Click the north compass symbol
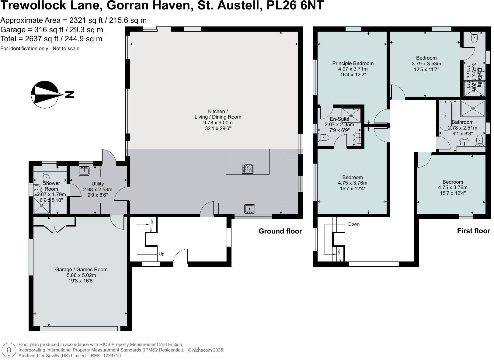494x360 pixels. click(x=45, y=95)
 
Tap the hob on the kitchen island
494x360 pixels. click(x=248, y=168)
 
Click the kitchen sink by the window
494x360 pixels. click(x=249, y=209)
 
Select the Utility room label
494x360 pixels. click(x=98, y=184)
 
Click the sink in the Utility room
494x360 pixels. click(x=84, y=171)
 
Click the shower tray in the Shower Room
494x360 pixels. click(x=42, y=206)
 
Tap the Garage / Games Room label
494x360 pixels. click(x=81, y=269)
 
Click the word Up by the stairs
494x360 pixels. click(x=162, y=254)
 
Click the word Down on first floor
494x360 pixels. click(x=354, y=224)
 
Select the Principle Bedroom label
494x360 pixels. click(x=353, y=63)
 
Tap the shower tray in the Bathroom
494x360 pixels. click(x=473, y=109)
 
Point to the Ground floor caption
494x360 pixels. click(x=280, y=231)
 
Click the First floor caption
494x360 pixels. click(x=473, y=231)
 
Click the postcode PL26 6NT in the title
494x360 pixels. click(x=295, y=5)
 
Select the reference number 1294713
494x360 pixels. click(x=112, y=355)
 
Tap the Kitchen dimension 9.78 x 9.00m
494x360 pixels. click(x=218, y=123)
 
